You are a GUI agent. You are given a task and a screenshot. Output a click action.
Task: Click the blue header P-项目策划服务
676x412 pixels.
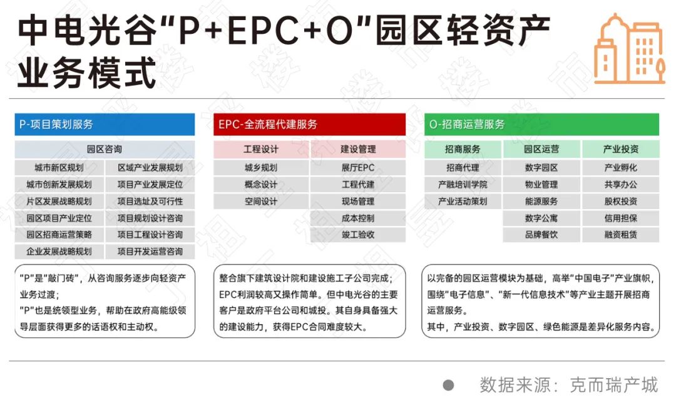[105, 124]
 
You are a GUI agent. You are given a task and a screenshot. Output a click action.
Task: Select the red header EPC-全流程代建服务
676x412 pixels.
[309, 124]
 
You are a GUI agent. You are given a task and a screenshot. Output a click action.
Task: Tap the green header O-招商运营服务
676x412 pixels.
[541, 124]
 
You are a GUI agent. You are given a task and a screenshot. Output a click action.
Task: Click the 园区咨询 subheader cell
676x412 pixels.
[105, 149]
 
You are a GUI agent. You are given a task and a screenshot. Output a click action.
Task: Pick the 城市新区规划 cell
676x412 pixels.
[59, 168]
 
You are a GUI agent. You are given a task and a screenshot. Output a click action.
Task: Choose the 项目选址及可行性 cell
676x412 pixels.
[150, 202]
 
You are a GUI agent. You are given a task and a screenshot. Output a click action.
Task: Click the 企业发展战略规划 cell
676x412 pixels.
[59, 252]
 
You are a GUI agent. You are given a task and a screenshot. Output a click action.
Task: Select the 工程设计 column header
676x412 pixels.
[261, 149]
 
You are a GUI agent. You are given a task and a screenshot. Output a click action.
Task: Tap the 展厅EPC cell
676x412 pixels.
[358, 168]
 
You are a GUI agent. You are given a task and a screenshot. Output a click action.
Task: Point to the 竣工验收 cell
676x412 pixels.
[358, 235]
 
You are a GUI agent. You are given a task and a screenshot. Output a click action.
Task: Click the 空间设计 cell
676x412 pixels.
[261, 202]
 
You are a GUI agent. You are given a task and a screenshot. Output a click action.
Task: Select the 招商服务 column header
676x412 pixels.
[463, 149]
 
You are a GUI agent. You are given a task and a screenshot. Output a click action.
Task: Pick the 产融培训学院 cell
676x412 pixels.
[463, 185]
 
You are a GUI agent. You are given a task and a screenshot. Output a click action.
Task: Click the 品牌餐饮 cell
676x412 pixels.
[541, 235]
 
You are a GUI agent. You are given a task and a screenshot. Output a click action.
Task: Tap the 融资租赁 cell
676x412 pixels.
[621, 235]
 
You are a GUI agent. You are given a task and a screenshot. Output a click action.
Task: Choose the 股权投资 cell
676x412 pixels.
[621, 202]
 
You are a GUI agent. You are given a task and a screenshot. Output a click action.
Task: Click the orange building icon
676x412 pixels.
[630, 48]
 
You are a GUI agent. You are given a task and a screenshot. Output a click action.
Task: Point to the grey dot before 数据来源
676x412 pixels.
[448, 385]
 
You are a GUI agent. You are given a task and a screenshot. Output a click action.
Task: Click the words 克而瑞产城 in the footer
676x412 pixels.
[614, 385]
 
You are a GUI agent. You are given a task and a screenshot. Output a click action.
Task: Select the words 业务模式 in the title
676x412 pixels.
[86, 73]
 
